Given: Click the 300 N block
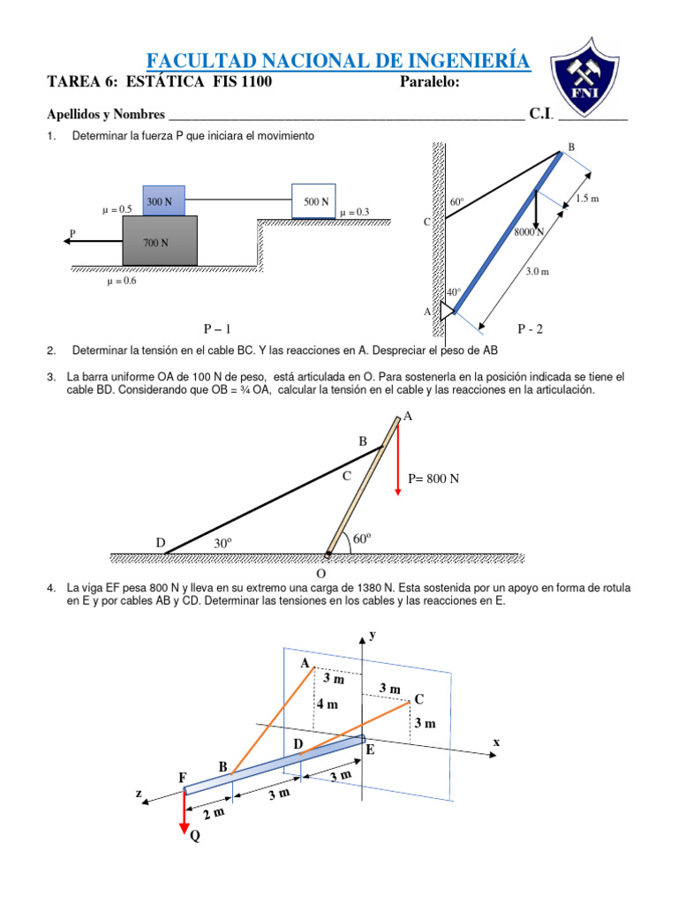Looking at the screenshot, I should point(160,202).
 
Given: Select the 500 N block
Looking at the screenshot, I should point(315,202).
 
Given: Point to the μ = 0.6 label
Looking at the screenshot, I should point(121,282).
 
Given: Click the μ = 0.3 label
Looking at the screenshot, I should point(354,212).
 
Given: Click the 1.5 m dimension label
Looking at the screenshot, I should point(587,199).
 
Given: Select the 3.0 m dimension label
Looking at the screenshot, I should point(538,272).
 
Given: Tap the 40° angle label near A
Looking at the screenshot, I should point(454,292).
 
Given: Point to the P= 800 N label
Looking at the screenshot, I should point(433,479).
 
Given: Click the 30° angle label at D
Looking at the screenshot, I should point(222,544).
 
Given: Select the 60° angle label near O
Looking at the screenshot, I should point(362,539).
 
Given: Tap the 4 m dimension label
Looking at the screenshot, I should point(328,704).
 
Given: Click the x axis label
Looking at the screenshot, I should point(496,742).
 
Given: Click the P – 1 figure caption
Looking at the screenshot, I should point(216,329).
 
